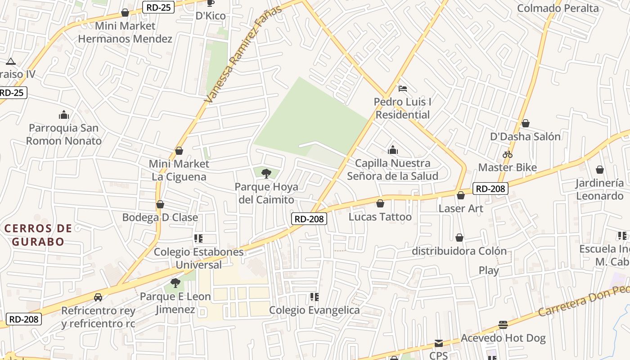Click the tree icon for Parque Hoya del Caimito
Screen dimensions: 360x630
point(266,173)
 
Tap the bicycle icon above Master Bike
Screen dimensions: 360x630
point(508,154)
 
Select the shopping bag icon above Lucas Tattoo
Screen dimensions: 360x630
point(380,204)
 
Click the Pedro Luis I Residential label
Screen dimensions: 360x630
point(403,108)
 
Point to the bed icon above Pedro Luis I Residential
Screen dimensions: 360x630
point(403,88)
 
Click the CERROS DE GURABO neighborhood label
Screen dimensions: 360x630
point(38,235)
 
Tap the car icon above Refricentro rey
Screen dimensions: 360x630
point(98,297)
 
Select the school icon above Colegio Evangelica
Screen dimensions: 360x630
point(315,297)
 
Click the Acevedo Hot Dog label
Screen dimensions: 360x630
point(503,338)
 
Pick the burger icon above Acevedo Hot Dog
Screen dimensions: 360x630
point(503,325)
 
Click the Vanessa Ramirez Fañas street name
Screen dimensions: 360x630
point(243,54)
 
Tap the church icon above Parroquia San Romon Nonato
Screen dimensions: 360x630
point(64,115)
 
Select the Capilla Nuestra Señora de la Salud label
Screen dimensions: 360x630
point(392,170)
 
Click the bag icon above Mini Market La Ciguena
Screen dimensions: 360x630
point(179,151)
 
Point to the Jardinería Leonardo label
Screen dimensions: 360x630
point(600,189)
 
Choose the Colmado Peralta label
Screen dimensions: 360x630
point(558,8)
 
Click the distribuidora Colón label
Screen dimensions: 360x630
point(459,251)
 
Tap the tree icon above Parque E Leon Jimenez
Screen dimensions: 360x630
point(175,283)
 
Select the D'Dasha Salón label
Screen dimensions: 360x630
point(525,136)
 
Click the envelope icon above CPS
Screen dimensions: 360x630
point(439,343)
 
